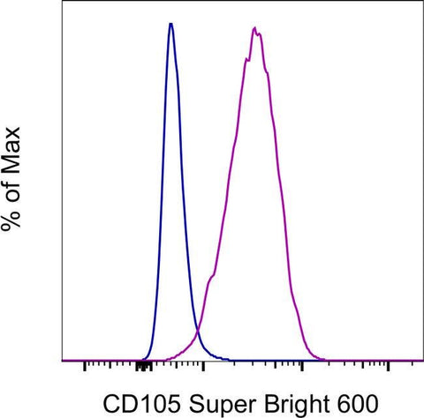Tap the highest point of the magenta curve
254,28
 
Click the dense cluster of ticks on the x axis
144,363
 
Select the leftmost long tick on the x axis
84,365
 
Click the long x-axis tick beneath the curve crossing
204,365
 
